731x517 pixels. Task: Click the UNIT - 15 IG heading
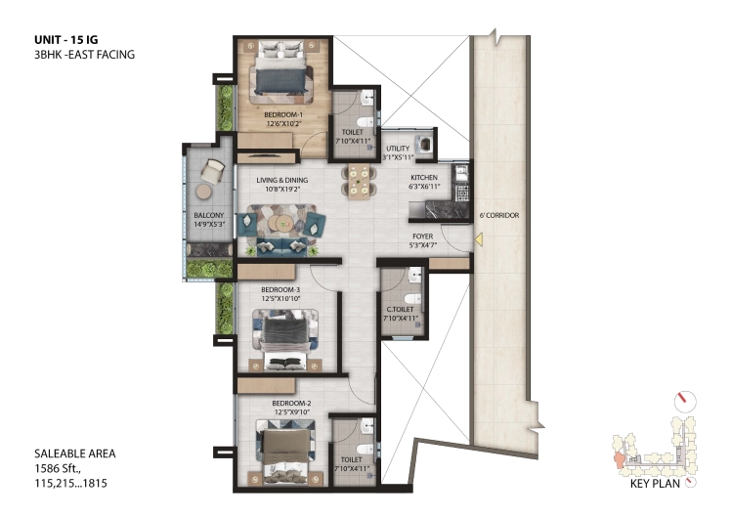(x=66, y=40)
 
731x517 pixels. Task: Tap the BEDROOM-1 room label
(x=283, y=114)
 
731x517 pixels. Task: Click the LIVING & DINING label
(x=282, y=180)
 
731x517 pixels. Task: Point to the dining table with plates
(x=358, y=181)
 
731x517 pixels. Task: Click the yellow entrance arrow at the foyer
(x=478, y=240)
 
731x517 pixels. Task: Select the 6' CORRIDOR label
(x=499, y=215)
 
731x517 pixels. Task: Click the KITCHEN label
(x=424, y=178)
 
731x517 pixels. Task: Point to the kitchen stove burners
(x=462, y=193)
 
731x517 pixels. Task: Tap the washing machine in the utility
(x=425, y=144)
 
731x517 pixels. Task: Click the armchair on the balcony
(x=213, y=172)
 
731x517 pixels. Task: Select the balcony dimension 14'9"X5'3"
(x=209, y=224)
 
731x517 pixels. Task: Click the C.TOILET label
(x=400, y=309)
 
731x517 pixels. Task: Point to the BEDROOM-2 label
(x=292, y=403)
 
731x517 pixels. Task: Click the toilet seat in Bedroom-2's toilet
(x=365, y=449)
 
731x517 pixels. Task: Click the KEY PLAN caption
(x=655, y=484)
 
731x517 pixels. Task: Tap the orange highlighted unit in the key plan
(x=620, y=459)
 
